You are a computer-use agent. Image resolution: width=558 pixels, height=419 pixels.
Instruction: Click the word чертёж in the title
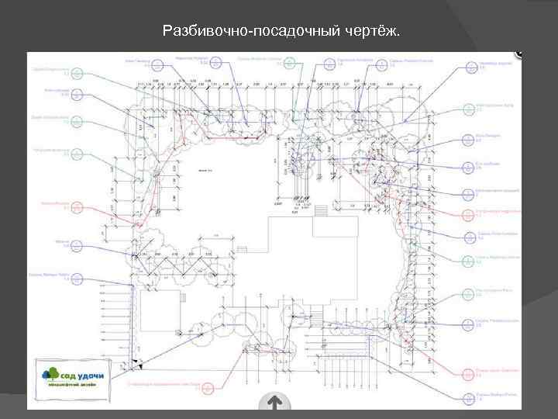pos(374,32)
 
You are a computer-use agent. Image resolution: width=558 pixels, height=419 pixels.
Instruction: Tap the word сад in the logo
pos(71,373)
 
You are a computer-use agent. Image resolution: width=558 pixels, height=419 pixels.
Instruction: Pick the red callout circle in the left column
pos(76,207)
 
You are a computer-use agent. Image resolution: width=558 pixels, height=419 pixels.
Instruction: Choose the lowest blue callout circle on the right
pos(468,399)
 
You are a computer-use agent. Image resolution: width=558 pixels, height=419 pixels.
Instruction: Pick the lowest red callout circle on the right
pos(468,375)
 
